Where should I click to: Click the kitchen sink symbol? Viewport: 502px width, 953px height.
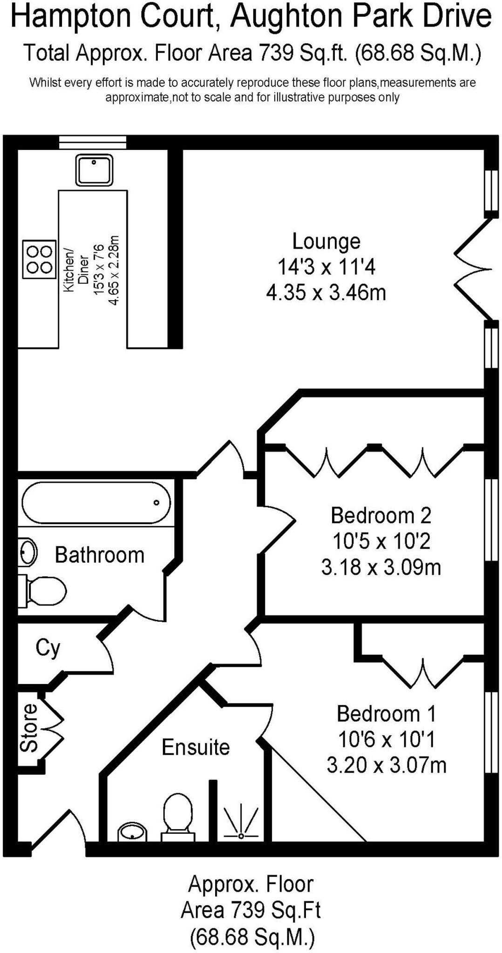(x=94, y=170)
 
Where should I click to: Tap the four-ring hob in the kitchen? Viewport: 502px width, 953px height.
(x=39, y=259)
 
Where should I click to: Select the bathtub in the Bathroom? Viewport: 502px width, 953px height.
(x=96, y=503)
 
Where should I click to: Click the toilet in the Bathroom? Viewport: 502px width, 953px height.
(x=45, y=591)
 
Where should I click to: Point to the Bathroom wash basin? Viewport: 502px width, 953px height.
(x=28, y=552)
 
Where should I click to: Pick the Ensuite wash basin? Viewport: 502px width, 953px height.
(x=132, y=832)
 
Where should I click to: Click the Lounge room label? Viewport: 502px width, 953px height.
(x=326, y=241)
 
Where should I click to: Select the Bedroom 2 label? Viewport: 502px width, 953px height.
(x=380, y=516)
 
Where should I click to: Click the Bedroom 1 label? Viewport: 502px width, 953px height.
(x=386, y=714)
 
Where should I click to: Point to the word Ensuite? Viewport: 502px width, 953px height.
(x=196, y=747)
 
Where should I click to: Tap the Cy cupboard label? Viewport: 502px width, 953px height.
(x=48, y=648)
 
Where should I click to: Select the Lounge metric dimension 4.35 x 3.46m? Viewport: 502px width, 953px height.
(x=326, y=293)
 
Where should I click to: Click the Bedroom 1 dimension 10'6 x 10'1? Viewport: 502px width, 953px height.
(x=386, y=739)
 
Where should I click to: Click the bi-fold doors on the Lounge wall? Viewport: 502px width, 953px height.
(x=473, y=269)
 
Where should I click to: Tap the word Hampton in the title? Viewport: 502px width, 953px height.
(x=71, y=17)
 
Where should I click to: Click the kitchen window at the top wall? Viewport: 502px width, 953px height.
(x=93, y=142)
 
